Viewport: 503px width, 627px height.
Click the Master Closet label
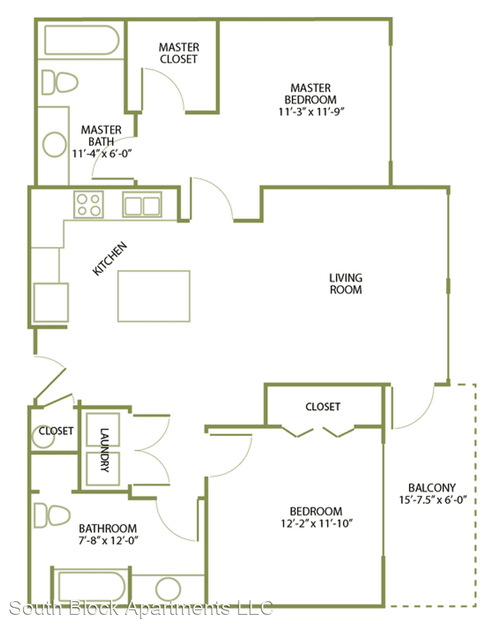(x=179, y=53)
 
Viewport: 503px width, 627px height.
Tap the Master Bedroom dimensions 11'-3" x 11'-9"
(x=311, y=111)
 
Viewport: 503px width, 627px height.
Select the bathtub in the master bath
(x=81, y=40)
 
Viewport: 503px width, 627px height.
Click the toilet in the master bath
(x=60, y=83)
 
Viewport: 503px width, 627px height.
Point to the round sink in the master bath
(x=55, y=145)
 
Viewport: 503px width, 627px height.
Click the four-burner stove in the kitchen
(x=89, y=204)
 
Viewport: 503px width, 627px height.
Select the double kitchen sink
(x=142, y=205)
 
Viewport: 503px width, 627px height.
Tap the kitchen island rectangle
(x=154, y=296)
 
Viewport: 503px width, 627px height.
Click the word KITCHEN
(x=110, y=259)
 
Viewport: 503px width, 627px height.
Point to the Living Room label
(x=346, y=283)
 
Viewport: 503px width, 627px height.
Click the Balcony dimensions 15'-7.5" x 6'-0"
(x=433, y=500)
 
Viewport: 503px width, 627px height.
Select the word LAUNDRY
(x=104, y=450)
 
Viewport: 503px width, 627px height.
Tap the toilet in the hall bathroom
(x=52, y=515)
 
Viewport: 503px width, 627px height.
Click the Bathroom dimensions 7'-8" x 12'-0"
(x=108, y=540)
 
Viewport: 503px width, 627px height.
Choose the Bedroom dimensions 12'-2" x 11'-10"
(x=317, y=523)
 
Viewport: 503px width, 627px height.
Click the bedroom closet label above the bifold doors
(x=323, y=406)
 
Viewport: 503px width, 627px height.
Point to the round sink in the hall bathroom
(x=168, y=589)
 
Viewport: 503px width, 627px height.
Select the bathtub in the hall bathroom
(x=92, y=587)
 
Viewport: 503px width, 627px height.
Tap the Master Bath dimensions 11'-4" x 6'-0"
(x=102, y=153)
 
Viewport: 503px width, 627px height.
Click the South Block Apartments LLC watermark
(x=141, y=608)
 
